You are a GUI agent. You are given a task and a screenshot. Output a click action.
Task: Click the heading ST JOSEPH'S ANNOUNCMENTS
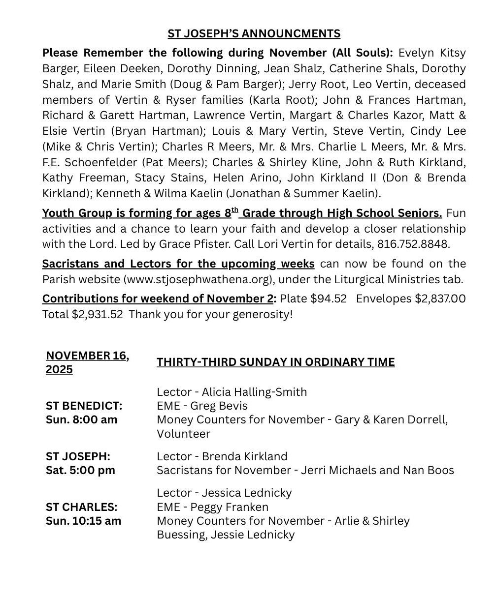click(254, 33)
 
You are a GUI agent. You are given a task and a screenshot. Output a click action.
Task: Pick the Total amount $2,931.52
click(97, 314)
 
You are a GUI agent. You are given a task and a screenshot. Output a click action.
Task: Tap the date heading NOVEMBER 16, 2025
click(87, 362)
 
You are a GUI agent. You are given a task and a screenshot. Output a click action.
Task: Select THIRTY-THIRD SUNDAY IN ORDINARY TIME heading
click(275, 362)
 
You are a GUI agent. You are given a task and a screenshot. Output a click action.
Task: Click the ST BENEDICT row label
click(84, 406)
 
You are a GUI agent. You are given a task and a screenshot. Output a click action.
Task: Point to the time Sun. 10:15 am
click(83, 521)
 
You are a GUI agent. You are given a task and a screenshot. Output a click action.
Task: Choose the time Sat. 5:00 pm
click(80, 470)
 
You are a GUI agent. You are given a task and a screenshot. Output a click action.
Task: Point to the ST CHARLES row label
click(81, 507)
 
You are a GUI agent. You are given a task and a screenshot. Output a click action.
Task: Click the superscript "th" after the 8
click(235, 210)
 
